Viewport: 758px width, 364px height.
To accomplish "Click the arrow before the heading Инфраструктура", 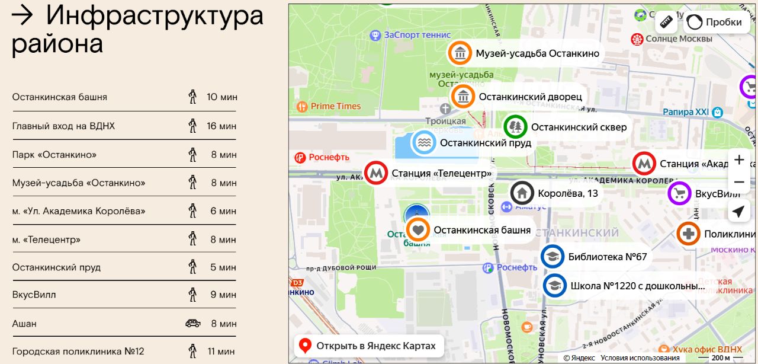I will tap(23, 16).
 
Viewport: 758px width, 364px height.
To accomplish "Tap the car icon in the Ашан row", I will tap(192, 323).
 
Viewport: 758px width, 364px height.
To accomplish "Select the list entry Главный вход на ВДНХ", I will tap(63, 126).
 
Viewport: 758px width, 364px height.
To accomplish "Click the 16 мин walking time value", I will tap(221, 126).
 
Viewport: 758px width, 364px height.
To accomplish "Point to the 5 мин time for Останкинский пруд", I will tap(224, 267).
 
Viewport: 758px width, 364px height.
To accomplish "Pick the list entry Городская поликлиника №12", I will tap(78, 351).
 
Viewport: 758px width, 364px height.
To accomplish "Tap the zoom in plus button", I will tap(738, 159).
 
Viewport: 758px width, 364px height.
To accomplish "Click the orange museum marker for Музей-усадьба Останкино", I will tap(460, 53).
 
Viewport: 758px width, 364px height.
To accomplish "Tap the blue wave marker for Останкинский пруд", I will tap(424, 143).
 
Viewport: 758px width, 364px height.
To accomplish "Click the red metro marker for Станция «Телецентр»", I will tap(376, 173).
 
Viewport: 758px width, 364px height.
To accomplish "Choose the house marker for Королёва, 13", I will tap(522, 193).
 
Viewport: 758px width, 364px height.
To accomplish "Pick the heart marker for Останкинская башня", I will tap(418, 230).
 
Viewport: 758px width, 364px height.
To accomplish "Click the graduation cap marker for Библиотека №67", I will tap(553, 257).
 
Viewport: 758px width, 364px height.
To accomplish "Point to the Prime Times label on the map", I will tap(335, 106).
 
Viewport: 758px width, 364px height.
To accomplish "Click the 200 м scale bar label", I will tap(721, 357).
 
